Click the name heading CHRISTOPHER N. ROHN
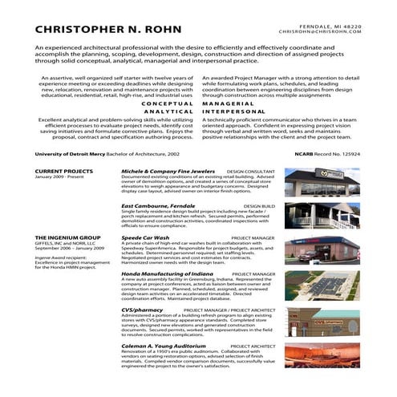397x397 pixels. click(x=109, y=30)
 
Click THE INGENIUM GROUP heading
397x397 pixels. click(x=65, y=238)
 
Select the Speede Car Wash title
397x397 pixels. click(x=145, y=238)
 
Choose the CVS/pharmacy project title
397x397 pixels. click(x=143, y=309)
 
